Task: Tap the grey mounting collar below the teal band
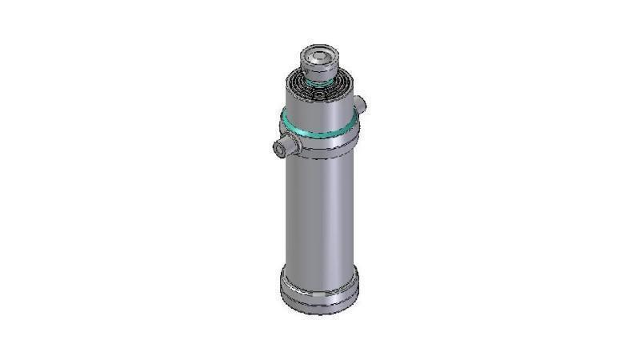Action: pyautogui.click(x=320, y=144)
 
